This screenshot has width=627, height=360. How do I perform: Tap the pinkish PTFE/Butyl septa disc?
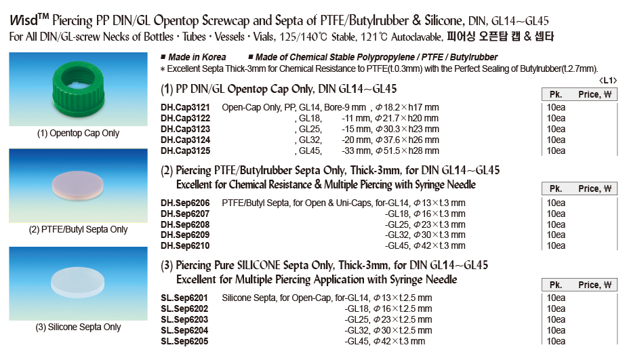point(79,185)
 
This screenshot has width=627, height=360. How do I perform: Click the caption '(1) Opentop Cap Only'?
point(79,134)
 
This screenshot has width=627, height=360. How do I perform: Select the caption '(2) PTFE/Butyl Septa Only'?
point(79,229)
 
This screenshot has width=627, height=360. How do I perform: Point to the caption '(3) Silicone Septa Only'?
point(79,327)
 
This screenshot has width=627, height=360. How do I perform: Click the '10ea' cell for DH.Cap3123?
point(556,129)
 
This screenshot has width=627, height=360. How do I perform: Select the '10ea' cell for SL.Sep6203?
point(556,319)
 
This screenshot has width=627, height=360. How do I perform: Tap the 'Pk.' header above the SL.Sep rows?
point(556,285)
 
